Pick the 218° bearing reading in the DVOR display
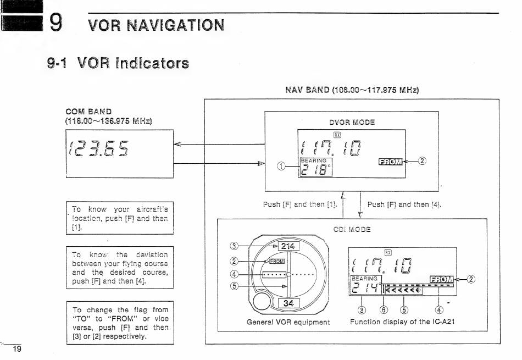pyautogui.click(x=315, y=168)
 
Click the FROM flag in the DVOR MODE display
pyautogui.click(x=390, y=161)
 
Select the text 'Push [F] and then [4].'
pyautogui.click(x=404, y=204)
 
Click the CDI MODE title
pyautogui.click(x=352, y=229)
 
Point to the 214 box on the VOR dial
pyautogui.click(x=288, y=246)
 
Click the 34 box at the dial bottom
pyautogui.click(x=288, y=303)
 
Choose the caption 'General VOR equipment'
pyautogui.click(x=288, y=322)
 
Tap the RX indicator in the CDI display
pyautogui.click(x=388, y=252)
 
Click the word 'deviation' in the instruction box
pyautogui.click(x=149, y=254)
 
